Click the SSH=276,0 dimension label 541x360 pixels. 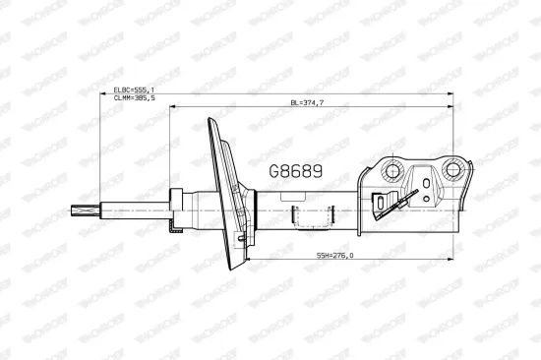tap(335, 256)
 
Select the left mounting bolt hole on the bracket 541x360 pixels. tap(391, 172)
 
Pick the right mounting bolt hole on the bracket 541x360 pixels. tap(453, 169)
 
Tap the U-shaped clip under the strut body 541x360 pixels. tap(314, 216)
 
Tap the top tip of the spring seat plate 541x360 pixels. tap(210, 122)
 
